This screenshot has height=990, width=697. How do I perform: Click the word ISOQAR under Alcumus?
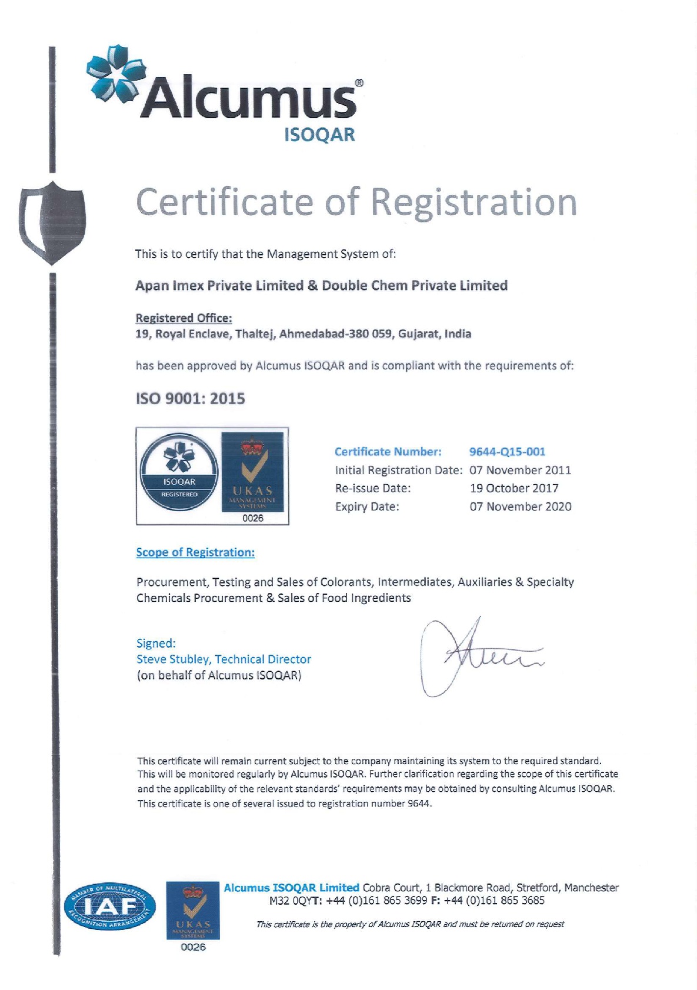[319, 135]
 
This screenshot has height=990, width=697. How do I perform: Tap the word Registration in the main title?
[473, 202]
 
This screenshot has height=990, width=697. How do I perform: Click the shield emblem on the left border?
[52, 222]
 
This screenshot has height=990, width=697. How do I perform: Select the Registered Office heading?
[184, 318]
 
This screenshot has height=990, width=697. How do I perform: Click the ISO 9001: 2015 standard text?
[190, 399]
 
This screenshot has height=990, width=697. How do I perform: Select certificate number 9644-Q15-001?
[507, 452]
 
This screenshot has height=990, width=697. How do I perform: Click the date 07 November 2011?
[520, 470]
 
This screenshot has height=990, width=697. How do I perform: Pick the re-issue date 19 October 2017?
[513, 488]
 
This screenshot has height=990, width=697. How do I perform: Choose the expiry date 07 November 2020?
[520, 506]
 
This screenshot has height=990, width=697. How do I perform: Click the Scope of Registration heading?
[195, 552]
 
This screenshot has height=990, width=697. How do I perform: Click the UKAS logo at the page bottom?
[194, 911]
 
